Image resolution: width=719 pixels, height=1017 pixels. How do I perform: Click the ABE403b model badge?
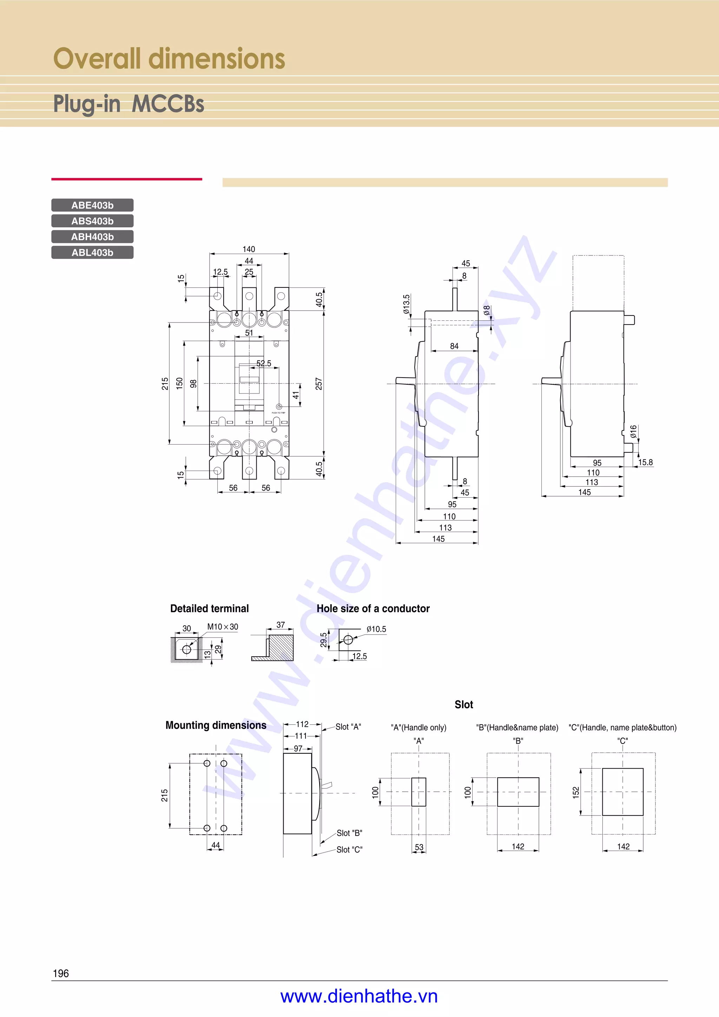click(92, 205)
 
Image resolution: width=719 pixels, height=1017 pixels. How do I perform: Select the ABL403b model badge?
click(92, 252)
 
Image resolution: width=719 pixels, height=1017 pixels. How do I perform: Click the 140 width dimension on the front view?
click(249, 249)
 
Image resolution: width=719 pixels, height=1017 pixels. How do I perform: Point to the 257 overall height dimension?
click(318, 384)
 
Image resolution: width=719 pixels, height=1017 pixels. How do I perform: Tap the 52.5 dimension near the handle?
click(264, 363)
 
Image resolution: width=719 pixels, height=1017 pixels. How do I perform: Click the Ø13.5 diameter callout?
click(406, 304)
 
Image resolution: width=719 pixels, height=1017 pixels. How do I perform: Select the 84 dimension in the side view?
click(454, 346)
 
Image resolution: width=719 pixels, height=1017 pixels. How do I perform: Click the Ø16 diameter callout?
click(633, 431)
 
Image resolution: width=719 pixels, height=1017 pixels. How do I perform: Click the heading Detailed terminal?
click(209, 609)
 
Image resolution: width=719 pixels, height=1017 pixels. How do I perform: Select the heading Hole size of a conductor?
click(373, 609)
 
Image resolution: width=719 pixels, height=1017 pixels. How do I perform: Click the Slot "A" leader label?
click(348, 727)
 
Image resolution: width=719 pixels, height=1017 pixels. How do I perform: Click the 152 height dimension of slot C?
click(575, 792)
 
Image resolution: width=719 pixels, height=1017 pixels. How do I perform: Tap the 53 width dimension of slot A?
click(419, 847)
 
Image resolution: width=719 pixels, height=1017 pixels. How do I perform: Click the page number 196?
click(61, 973)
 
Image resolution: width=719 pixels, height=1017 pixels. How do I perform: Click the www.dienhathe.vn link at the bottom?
click(359, 996)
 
